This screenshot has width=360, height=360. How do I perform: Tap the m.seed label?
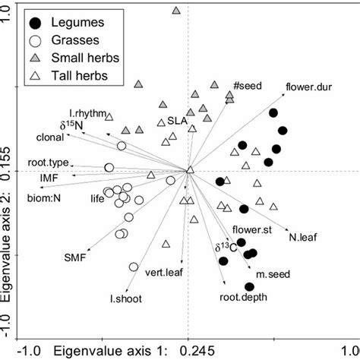[270, 273]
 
